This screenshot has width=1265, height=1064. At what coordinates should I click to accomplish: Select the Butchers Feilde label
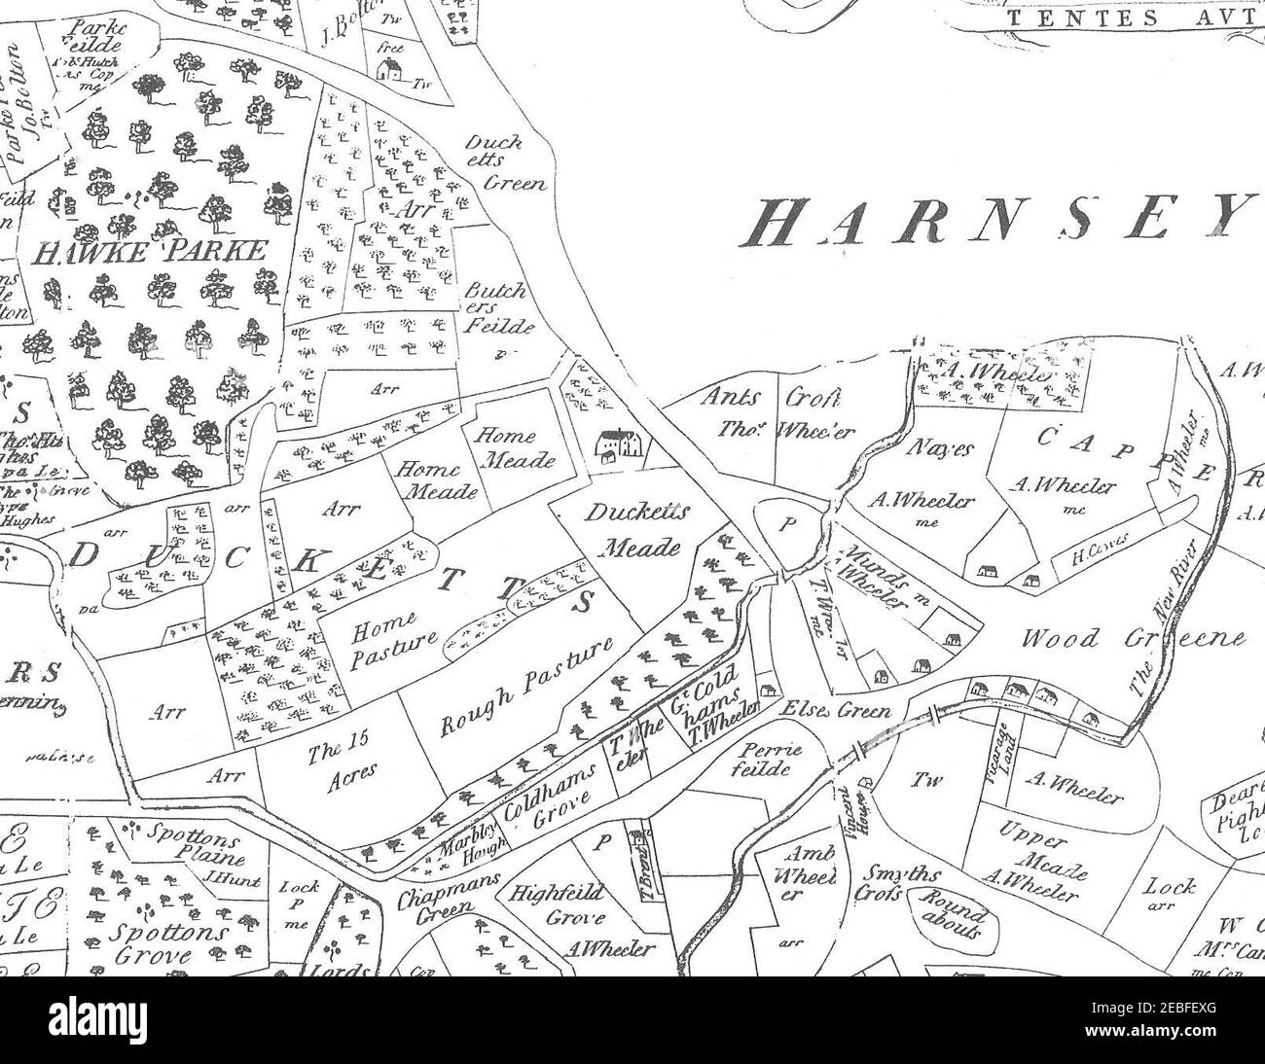499,308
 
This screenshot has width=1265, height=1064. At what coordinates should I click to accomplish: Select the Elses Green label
837,711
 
